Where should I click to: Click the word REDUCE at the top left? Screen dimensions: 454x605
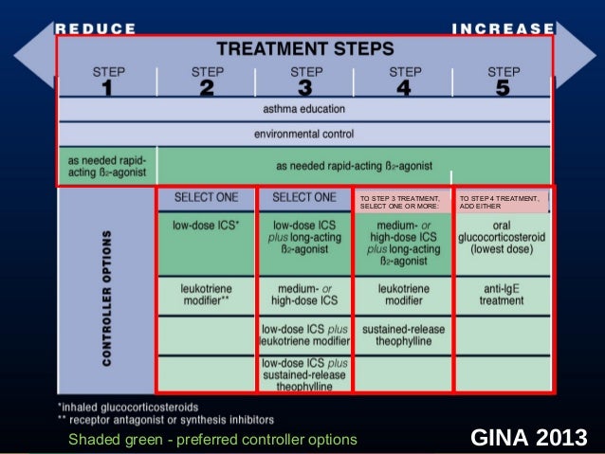(96, 28)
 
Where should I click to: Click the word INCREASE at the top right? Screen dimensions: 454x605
(503, 28)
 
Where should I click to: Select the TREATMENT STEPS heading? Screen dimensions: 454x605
(305, 48)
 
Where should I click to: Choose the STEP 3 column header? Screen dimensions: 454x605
(305, 81)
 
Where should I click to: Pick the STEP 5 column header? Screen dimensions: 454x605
(502, 81)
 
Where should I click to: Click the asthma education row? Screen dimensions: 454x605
(303, 111)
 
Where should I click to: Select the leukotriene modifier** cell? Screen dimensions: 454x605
(206, 294)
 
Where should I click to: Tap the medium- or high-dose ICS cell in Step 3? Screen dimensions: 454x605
(304, 294)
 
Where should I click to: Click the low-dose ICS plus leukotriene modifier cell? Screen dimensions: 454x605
(304, 336)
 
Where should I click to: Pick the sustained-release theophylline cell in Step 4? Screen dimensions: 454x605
(404, 336)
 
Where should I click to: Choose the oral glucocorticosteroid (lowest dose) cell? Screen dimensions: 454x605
(502, 236)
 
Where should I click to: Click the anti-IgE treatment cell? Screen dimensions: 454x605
(502, 294)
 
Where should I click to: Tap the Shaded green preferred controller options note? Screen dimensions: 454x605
(212, 439)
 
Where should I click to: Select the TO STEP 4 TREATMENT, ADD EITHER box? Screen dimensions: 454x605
(502, 202)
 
